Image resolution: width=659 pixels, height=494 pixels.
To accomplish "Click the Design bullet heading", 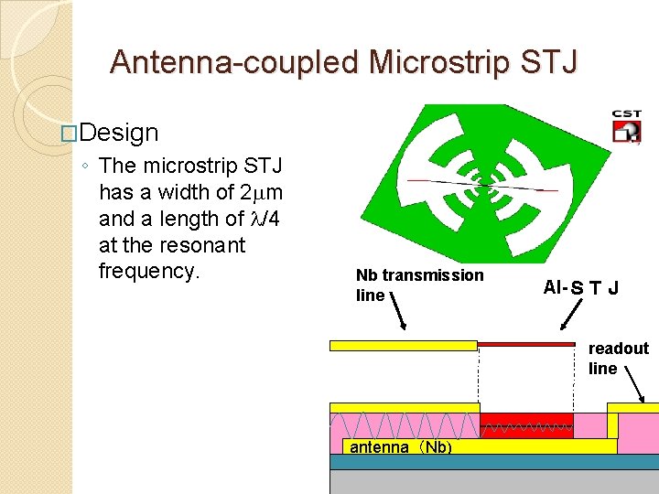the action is (x=119, y=133).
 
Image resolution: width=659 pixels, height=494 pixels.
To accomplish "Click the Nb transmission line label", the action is (x=419, y=285).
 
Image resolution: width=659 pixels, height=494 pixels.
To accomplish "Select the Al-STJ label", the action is (x=580, y=288).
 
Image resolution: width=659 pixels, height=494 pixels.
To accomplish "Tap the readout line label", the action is (x=618, y=358).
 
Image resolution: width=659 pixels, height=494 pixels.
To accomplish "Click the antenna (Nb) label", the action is (x=401, y=447).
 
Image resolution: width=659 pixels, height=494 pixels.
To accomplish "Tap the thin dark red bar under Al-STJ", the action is (x=526, y=344).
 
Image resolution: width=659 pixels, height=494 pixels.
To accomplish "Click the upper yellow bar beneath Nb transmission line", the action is (x=403, y=346).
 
